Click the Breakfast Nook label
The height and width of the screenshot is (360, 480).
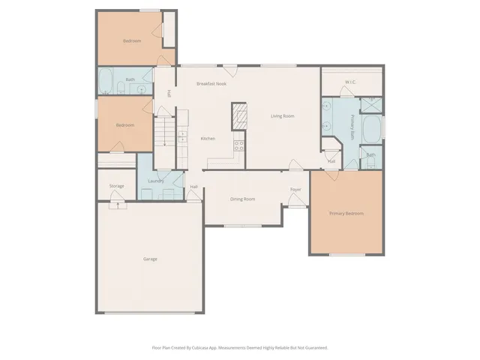click(211, 83)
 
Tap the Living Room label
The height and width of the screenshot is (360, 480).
click(282, 116)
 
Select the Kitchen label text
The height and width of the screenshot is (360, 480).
click(208, 139)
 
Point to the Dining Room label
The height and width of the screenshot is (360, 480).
click(242, 199)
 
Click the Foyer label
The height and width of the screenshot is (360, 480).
click(295, 189)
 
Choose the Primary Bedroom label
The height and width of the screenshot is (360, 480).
click(346, 214)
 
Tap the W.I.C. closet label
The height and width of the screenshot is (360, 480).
click(350, 81)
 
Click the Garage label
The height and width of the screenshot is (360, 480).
click(150, 259)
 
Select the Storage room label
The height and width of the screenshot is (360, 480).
click(116, 185)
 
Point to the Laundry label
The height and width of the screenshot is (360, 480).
click(156, 181)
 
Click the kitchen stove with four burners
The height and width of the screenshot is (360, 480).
click(239, 145)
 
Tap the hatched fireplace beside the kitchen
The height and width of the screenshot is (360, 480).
click(238, 116)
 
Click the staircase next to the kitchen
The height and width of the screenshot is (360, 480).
click(164, 139)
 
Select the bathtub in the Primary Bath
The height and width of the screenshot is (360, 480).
click(370, 130)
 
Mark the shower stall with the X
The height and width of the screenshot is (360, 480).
click(370, 105)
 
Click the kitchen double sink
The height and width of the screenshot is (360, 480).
click(181, 136)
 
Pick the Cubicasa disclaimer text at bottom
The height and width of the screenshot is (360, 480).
click(239, 347)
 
